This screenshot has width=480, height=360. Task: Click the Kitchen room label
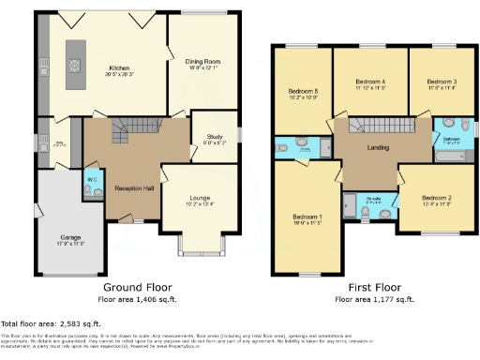[120, 67]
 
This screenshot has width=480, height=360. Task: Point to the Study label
[214, 137]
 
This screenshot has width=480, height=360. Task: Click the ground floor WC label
[90, 178]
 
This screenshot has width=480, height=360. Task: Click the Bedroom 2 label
[436, 198]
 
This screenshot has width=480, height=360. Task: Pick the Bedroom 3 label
[442, 82]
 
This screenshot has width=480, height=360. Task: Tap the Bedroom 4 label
[370, 82]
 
